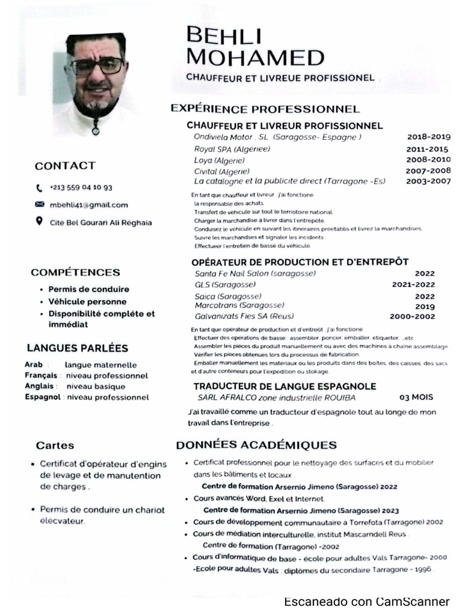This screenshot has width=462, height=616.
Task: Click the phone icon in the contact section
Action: (40, 188)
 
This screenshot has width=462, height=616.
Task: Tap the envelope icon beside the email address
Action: (40, 205)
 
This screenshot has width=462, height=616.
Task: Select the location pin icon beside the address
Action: (40, 221)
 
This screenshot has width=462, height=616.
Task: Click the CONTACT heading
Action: (65, 166)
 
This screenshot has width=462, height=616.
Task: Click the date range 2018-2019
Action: (428, 137)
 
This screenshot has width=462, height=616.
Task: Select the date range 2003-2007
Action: (428, 181)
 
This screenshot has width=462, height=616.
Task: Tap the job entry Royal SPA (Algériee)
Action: (232, 149)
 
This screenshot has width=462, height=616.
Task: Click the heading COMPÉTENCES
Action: (75, 273)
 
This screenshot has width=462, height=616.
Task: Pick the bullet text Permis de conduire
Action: (88, 289)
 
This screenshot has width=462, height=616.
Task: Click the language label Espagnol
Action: (43, 397)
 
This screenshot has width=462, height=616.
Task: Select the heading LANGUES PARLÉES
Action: (78, 348)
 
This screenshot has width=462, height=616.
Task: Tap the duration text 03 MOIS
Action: (416, 398)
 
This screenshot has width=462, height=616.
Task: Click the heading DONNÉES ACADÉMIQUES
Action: (256, 446)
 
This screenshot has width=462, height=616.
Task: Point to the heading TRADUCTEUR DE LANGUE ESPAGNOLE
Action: (285, 386)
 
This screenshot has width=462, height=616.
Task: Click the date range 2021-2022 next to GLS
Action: (413, 285)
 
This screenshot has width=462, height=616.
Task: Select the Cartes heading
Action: (55, 446)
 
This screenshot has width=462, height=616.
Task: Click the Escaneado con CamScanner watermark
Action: (366, 602)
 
